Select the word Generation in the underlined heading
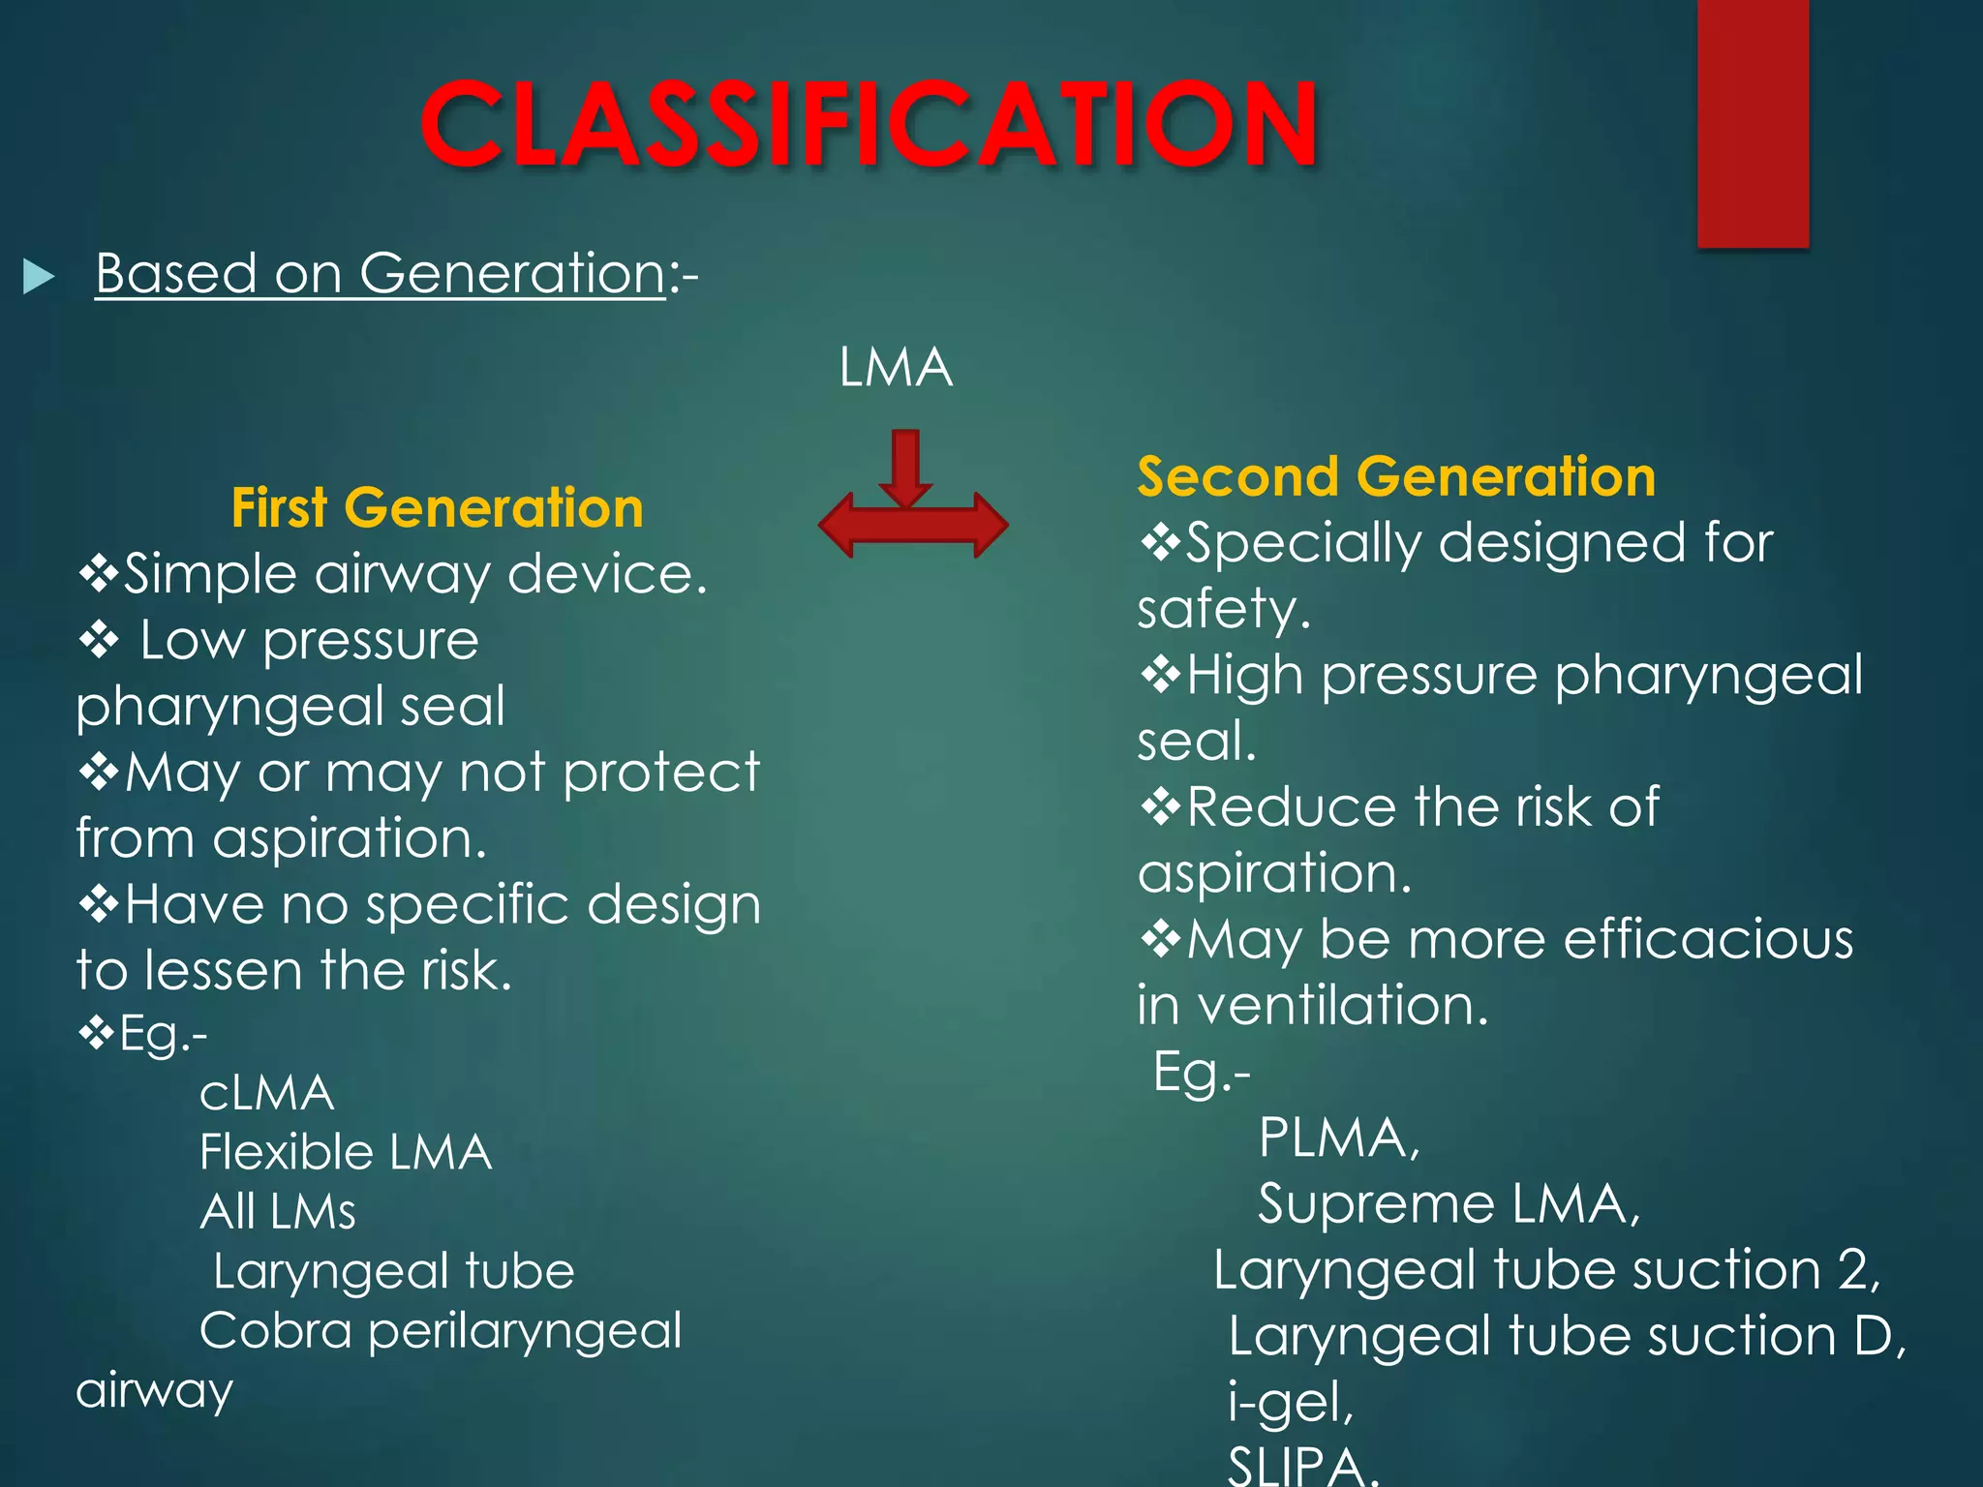(512, 273)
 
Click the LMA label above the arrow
(896, 368)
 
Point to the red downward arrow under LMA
(905, 467)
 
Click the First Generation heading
(437, 508)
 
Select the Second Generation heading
(1395, 476)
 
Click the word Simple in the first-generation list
(209, 575)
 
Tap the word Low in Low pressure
(192, 641)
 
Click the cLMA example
(266, 1094)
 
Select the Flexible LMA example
(346, 1153)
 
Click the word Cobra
(275, 1330)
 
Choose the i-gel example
(1290, 1402)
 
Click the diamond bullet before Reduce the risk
(1160, 806)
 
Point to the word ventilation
(1342, 1005)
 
